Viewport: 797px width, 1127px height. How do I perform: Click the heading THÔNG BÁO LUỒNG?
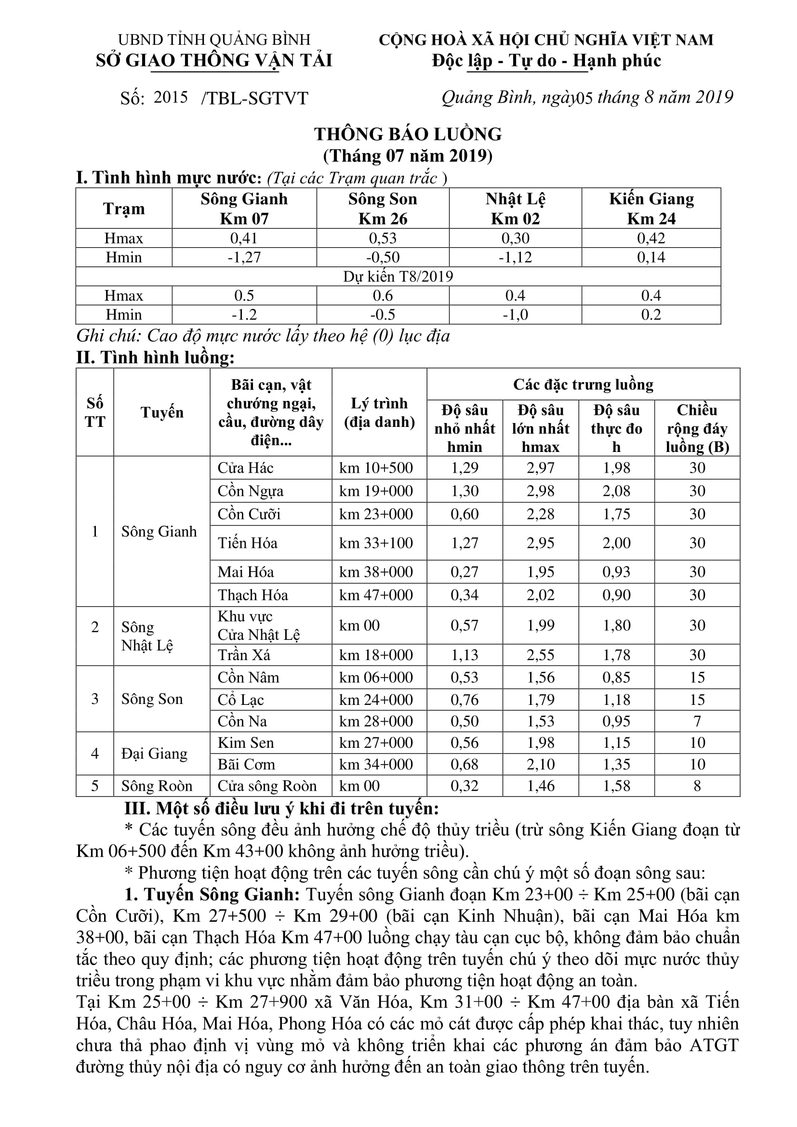pyautogui.click(x=408, y=134)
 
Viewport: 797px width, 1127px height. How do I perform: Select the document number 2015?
pyautogui.click(x=170, y=97)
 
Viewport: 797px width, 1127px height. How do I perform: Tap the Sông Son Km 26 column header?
pyautogui.click(x=382, y=208)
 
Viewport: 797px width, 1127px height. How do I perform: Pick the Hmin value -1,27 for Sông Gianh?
pyautogui.click(x=244, y=257)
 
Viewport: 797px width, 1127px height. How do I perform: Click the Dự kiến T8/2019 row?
pyautogui.click(x=398, y=277)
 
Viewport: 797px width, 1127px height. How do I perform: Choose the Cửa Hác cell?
pyautogui.click(x=245, y=468)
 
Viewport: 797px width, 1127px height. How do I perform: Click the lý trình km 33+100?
pyautogui.click(x=376, y=543)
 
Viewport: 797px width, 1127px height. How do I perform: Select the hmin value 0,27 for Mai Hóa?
pyautogui.click(x=464, y=572)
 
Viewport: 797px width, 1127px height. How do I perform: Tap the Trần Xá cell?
pyautogui.click(x=244, y=655)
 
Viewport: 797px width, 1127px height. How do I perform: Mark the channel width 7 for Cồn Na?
pyautogui.click(x=697, y=721)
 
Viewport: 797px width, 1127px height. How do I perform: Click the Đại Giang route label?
pyautogui.click(x=154, y=754)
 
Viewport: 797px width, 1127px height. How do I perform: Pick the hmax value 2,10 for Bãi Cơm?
pyautogui.click(x=540, y=764)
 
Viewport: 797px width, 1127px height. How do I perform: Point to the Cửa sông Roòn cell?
pyautogui.click(x=267, y=786)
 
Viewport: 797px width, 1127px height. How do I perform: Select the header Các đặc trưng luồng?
pyautogui.click(x=583, y=385)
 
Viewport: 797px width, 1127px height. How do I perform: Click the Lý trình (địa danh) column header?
pyautogui.click(x=379, y=412)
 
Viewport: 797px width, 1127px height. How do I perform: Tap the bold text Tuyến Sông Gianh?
pyautogui.click(x=212, y=894)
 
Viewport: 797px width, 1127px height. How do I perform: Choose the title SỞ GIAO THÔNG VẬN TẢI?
pyautogui.click(x=214, y=60)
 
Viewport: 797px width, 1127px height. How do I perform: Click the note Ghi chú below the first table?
pyautogui.click(x=263, y=336)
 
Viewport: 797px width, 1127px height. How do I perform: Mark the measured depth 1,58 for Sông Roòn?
pyautogui.click(x=616, y=786)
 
